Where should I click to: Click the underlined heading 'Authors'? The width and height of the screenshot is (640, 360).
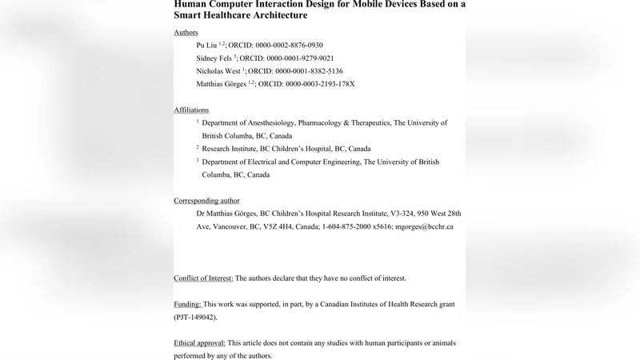coord(186,33)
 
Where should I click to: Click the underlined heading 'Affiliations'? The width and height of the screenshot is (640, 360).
coord(191,110)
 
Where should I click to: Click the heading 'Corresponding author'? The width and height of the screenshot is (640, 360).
coord(206,201)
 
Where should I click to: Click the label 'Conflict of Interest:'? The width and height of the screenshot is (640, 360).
coord(203,278)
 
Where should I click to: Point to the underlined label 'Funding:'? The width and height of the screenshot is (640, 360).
coord(188,304)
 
